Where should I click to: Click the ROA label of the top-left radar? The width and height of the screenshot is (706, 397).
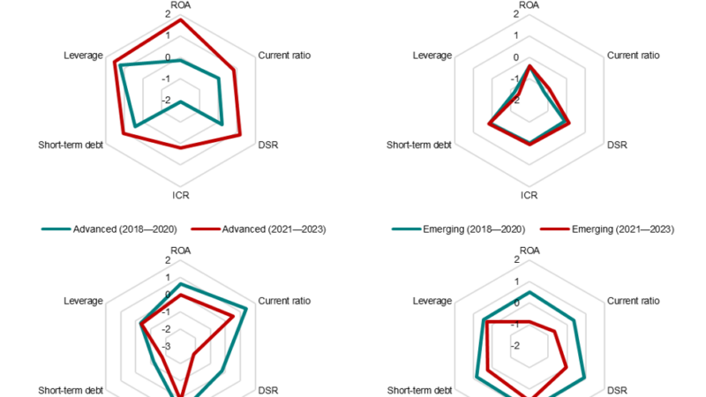pos(180,5)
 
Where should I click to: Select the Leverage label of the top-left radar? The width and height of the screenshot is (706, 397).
pos(85,56)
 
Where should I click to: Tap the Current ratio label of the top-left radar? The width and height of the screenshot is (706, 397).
pos(284,56)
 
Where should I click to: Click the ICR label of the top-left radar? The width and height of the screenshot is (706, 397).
pos(180,195)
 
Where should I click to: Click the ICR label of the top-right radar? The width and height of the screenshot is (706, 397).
pos(529,195)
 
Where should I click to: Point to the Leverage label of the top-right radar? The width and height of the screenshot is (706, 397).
pos(432,56)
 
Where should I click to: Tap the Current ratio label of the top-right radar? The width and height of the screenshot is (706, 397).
pos(633,56)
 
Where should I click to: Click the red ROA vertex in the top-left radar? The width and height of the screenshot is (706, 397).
pos(180,20)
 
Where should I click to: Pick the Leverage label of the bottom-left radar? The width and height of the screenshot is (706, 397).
pos(85,301)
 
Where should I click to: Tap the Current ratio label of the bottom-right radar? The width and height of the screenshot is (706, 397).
pos(633,301)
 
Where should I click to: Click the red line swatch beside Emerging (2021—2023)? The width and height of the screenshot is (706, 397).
pos(553,229)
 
